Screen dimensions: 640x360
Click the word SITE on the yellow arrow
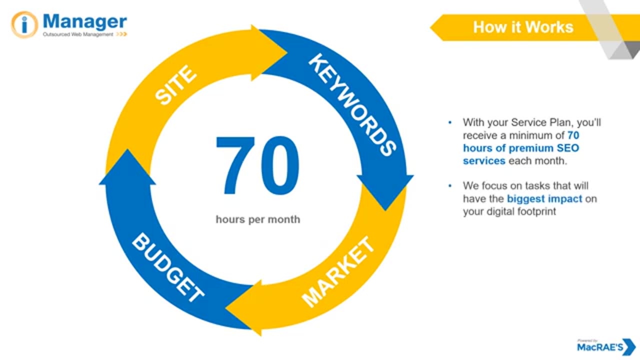click(x=175, y=85)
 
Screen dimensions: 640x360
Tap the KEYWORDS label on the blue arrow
click(x=352, y=104)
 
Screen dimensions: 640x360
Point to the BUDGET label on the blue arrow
click(x=168, y=267)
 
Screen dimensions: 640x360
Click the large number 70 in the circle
click(x=257, y=165)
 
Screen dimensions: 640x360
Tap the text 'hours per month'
click(x=257, y=219)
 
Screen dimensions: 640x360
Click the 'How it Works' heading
click(x=523, y=27)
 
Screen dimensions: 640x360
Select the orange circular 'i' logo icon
click(x=24, y=24)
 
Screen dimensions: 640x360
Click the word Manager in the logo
click(x=84, y=21)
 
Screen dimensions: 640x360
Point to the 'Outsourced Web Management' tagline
click(x=78, y=34)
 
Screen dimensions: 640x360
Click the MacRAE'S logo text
click(x=599, y=347)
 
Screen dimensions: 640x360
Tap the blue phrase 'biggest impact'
click(x=544, y=198)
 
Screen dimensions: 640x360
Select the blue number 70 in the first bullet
click(x=573, y=135)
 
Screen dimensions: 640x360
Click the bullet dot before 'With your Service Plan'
click(x=450, y=122)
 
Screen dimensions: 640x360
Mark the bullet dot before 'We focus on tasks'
click(x=450, y=186)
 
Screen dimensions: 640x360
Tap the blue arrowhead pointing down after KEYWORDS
click(x=385, y=192)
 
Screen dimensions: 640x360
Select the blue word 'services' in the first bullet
click(x=484, y=161)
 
